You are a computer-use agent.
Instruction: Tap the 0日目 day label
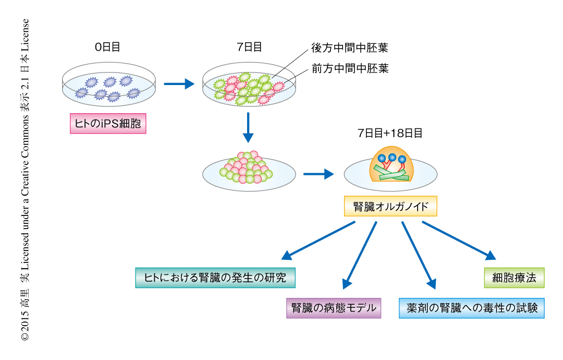[x=107, y=47]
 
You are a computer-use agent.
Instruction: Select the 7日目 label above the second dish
[x=249, y=47]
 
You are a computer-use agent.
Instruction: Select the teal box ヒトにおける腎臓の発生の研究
[x=215, y=278]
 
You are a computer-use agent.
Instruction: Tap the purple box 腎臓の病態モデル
[x=334, y=308]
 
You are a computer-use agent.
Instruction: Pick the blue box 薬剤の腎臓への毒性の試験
[x=472, y=308]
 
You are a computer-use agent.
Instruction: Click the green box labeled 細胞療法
[x=514, y=278]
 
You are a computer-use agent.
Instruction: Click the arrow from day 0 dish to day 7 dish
[x=178, y=83]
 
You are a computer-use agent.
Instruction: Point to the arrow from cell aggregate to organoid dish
[x=318, y=174]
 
